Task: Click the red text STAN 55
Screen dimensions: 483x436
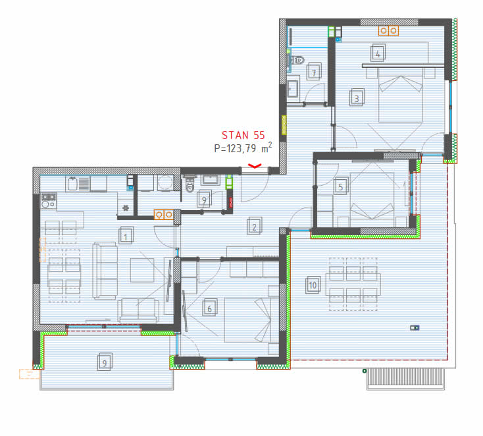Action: [x=243, y=135]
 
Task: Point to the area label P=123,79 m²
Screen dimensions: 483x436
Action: [x=243, y=148]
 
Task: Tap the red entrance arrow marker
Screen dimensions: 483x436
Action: [x=255, y=166]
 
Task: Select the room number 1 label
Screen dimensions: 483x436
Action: [x=126, y=236]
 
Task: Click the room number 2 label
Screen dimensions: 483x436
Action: [x=255, y=227]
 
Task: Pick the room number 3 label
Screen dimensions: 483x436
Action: [x=357, y=97]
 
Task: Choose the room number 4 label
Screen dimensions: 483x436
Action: [x=378, y=53]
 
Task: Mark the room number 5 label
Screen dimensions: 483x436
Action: [x=341, y=186]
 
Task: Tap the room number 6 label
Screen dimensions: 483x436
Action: [x=210, y=308]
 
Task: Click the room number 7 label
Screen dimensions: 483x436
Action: [x=314, y=72]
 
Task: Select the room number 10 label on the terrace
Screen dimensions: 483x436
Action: [x=313, y=285]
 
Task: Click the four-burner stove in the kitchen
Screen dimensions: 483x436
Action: [x=49, y=200]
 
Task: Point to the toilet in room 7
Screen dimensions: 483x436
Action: [x=297, y=60]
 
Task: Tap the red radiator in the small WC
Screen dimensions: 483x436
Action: [x=230, y=202]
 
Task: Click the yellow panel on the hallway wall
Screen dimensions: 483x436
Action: [x=284, y=125]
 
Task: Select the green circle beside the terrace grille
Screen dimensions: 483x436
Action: [x=365, y=371]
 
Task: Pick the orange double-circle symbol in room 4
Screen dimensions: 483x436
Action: [x=388, y=30]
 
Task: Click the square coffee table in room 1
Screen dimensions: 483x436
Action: [x=142, y=270]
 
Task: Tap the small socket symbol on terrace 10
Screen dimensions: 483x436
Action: [x=415, y=328]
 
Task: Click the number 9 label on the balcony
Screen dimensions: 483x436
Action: [x=105, y=362]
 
